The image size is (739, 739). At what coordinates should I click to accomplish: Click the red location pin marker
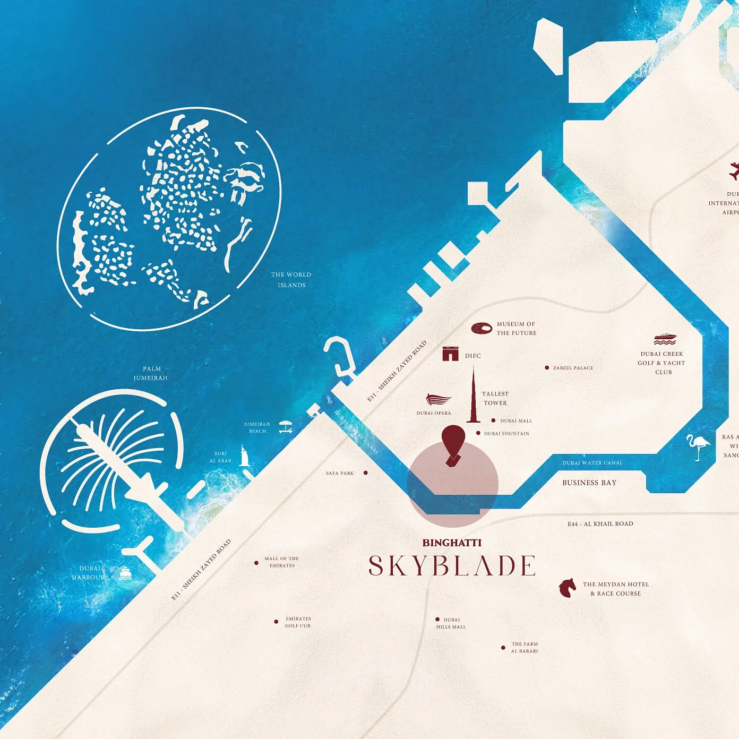coord(453,443)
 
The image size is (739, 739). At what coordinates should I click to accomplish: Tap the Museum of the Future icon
coord(482,329)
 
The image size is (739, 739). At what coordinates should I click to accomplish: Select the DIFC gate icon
coord(450,354)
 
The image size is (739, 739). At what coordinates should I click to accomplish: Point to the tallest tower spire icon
coord(473,396)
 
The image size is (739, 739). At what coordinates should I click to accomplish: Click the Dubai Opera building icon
coord(439,400)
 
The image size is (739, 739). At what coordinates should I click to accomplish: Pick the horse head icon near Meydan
coord(567,588)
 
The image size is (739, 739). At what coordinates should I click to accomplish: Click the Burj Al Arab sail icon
coord(244,457)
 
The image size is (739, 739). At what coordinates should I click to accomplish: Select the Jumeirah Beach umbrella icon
coord(286,427)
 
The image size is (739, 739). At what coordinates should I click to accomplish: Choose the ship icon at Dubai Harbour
coord(125,573)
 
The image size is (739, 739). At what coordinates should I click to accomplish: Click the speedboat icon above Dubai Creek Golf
coord(665,339)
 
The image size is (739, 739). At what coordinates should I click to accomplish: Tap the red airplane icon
coord(734,171)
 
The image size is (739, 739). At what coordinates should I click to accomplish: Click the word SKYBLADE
coord(452,566)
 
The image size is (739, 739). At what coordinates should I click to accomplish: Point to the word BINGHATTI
coord(452,543)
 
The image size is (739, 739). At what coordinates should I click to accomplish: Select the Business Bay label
coord(589,483)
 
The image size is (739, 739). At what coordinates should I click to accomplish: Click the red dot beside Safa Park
coord(365,472)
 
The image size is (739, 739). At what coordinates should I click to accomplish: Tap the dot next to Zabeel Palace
coord(547,367)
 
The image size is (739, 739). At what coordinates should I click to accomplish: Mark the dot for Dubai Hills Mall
coord(437,619)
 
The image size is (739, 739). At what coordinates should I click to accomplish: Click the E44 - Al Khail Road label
coord(600,524)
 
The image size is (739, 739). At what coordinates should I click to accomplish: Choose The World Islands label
coord(291,280)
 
